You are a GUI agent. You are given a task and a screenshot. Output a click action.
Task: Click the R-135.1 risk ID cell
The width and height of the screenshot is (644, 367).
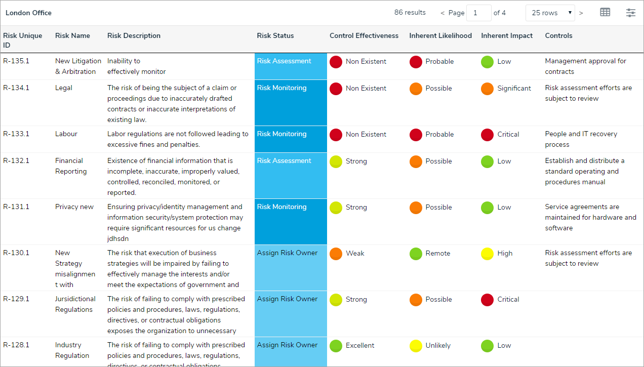(16, 61)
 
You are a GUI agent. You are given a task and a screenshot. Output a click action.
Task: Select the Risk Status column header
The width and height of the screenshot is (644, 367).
(275, 36)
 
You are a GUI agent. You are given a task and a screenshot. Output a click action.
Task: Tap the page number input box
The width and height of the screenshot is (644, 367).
(478, 13)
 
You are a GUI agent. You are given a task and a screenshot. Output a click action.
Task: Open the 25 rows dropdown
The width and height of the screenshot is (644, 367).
(550, 13)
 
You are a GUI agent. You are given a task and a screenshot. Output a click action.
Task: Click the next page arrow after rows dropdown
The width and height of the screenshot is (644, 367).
(581, 13)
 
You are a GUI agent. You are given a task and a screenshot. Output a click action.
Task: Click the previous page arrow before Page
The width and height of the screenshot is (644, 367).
(442, 13)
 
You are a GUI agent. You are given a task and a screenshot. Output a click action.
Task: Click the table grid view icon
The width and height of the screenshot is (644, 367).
(605, 13)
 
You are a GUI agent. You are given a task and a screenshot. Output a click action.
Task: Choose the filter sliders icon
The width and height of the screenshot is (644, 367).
(630, 13)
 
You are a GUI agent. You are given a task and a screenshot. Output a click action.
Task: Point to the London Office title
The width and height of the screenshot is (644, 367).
(28, 13)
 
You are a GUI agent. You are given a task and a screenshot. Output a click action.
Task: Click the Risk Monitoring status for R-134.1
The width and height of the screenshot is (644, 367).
(281, 88)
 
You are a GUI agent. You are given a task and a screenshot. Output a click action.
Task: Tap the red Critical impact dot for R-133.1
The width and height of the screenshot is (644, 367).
(487, 135)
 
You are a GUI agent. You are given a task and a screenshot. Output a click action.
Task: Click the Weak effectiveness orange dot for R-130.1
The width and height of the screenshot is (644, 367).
(336, 254)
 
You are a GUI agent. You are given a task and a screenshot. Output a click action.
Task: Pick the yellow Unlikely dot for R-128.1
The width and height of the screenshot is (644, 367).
(416, 346)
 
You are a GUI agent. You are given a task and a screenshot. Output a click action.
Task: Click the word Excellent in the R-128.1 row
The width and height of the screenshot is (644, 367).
(360, 346)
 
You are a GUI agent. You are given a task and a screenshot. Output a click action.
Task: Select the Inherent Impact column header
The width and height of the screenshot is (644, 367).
(507, 36)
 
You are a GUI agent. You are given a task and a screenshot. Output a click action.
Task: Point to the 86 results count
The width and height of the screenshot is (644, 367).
(410, 13)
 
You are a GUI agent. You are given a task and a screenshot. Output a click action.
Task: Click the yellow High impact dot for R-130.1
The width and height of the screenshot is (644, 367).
(487, 254)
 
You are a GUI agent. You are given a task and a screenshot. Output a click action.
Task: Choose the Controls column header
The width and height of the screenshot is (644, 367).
(558, 36)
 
